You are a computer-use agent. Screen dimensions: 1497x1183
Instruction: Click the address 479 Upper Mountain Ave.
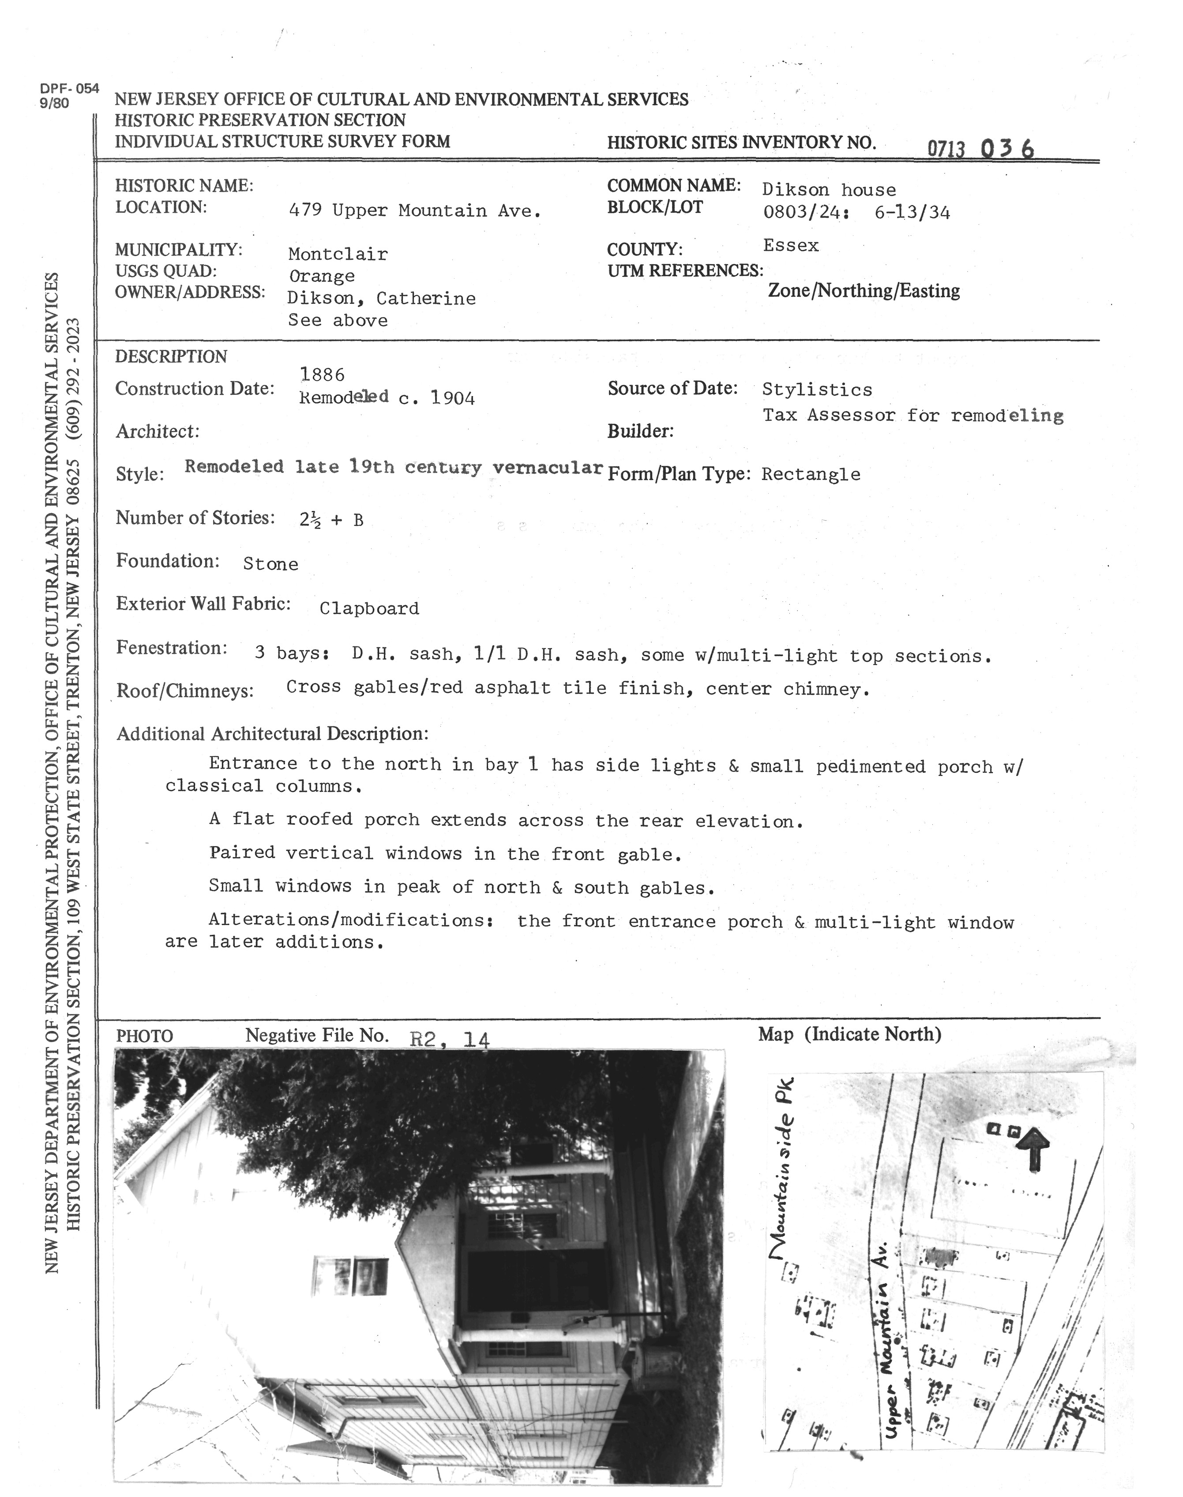[x=414, y=211]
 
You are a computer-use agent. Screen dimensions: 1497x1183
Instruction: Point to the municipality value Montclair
[x=338, y=254]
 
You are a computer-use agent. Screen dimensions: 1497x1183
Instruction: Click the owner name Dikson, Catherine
[x=382, y=299]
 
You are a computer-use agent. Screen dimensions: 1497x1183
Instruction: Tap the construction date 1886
[x=322, y=375]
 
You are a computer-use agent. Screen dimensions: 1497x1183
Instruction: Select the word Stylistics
[x=817, y=389]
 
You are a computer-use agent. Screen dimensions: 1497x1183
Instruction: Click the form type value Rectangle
[x=811, y=475]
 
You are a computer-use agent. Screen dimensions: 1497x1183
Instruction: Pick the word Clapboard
[x=369, y=609]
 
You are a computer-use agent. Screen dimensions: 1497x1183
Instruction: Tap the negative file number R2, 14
[x=450, y=1040]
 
